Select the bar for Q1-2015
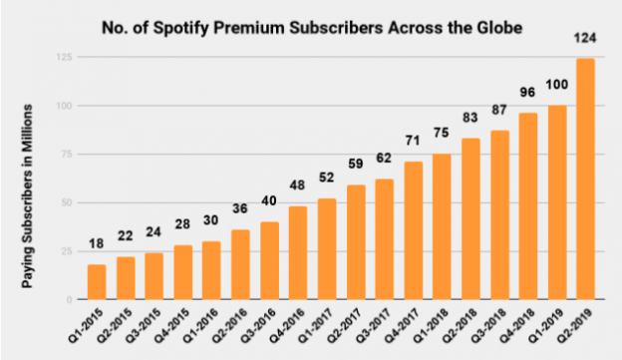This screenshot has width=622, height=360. [96, 282]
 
